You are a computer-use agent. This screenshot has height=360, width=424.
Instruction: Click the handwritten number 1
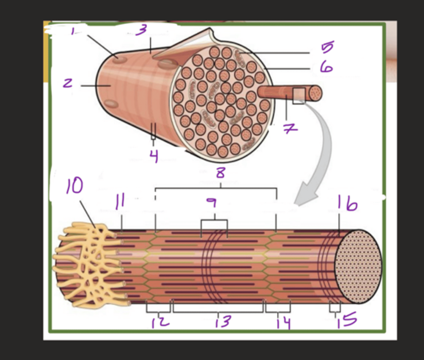[x=73, y=31]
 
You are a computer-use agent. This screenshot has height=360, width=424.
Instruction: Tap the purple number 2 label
[x=67, y=83]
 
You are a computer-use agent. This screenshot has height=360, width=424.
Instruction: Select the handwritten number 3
[x=141, y=30]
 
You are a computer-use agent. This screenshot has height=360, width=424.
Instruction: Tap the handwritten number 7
[x=290, y=128]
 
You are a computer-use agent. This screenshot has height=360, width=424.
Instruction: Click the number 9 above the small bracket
[x=212, y=203]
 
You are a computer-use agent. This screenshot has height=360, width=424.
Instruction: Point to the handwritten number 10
[x=74, y=185]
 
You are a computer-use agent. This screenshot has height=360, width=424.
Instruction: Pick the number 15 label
[x=347, y=319]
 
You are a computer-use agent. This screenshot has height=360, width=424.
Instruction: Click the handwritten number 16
[x=347, y=203]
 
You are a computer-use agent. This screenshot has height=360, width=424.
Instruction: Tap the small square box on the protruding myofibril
[x=299, y=96]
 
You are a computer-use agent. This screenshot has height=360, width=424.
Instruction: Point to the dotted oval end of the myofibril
[x=358, y=266]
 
